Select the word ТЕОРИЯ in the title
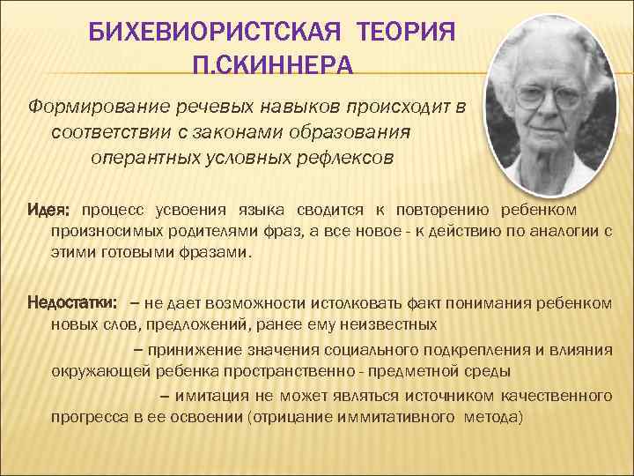click(x=408, y=34)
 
